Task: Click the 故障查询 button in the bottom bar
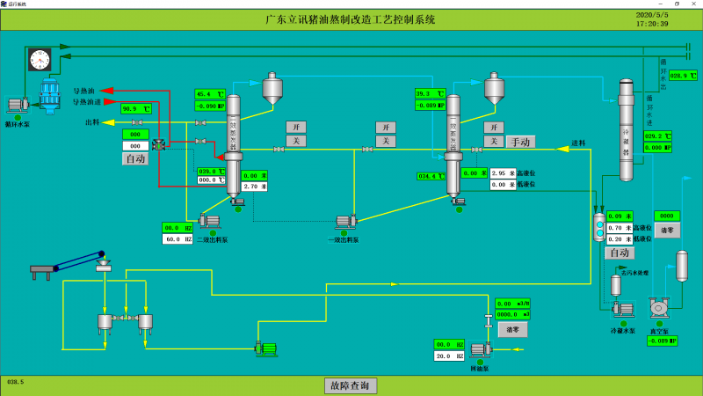(x=351, y=385)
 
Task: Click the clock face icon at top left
(x=39, y=59)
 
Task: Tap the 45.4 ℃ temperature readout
(x=211, y=94)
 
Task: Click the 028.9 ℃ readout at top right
(x=683, y=76)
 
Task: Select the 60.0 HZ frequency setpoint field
(x=177, y=238)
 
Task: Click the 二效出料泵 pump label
(x=212, y=238)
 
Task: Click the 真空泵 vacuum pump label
(x=659, y=331)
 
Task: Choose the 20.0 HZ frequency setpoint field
(x=449, y=356)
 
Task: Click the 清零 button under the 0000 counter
(x=665, y=231)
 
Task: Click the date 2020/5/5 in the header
(x=652, y=14)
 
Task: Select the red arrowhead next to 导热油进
(x=105, y=101)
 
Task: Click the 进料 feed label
(x=578, y=143)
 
